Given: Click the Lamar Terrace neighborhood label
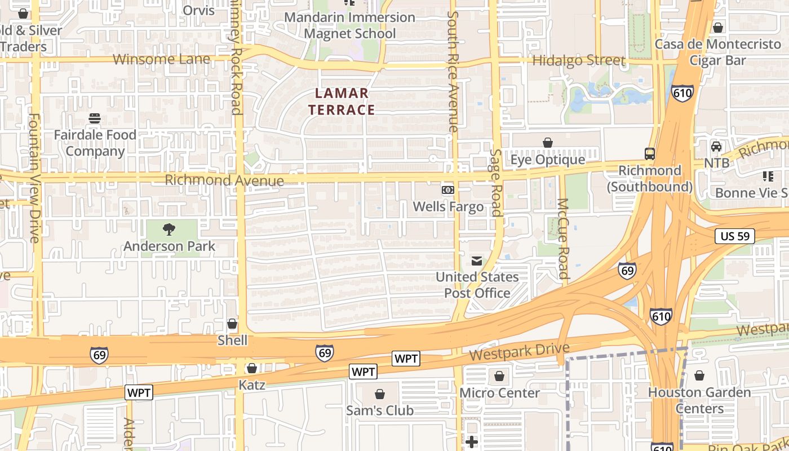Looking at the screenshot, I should click(342, 101).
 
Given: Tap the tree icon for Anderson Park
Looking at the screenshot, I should click(169, 229).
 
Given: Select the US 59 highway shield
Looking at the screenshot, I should click(735, 236).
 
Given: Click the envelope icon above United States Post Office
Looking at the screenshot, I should click(477, 260).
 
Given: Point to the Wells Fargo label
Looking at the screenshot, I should click(448, 207).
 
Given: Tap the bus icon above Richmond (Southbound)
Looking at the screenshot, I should click(650, 153).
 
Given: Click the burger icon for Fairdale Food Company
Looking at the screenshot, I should click(95, 118).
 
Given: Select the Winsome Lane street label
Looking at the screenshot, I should click(161, 59).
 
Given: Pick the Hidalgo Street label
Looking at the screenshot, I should click(579, 60).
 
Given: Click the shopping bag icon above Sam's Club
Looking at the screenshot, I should click(380, 393).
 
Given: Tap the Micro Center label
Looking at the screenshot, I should click(499, 393).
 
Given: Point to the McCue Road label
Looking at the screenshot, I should click(563, 238).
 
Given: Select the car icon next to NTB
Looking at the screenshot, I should click(716, 147).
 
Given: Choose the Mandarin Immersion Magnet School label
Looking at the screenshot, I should click(349, 25).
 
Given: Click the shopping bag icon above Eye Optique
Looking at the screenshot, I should click(547, 143).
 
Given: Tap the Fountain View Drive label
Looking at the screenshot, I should click(34, 178).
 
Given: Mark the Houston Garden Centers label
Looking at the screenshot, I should click(699, 400).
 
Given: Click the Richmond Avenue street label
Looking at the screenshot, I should click(224, 180).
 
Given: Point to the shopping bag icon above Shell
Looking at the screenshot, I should click(232, 324).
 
